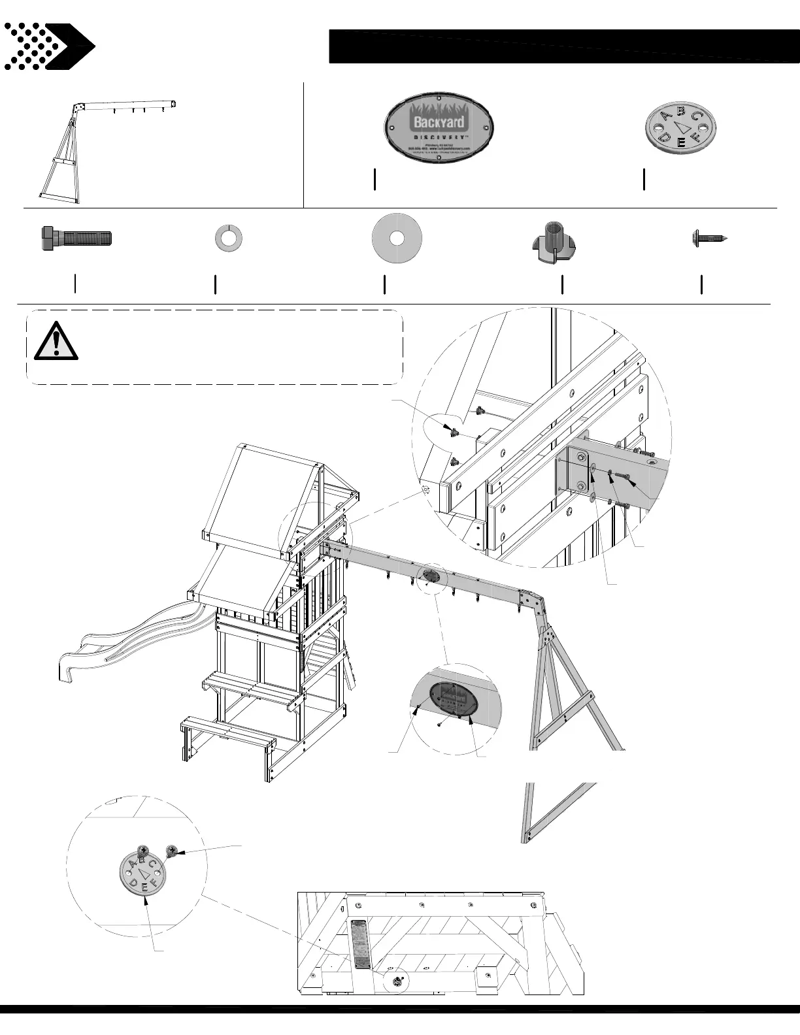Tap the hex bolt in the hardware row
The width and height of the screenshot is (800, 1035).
(x=76, y=237)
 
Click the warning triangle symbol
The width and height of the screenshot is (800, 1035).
(x=56, y=341)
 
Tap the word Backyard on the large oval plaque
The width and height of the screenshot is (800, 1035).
(x=439, y=122)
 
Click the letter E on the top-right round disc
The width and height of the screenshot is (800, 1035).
(x=681, y=142)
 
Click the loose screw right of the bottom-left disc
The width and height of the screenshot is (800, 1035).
(x=173, y=850)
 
